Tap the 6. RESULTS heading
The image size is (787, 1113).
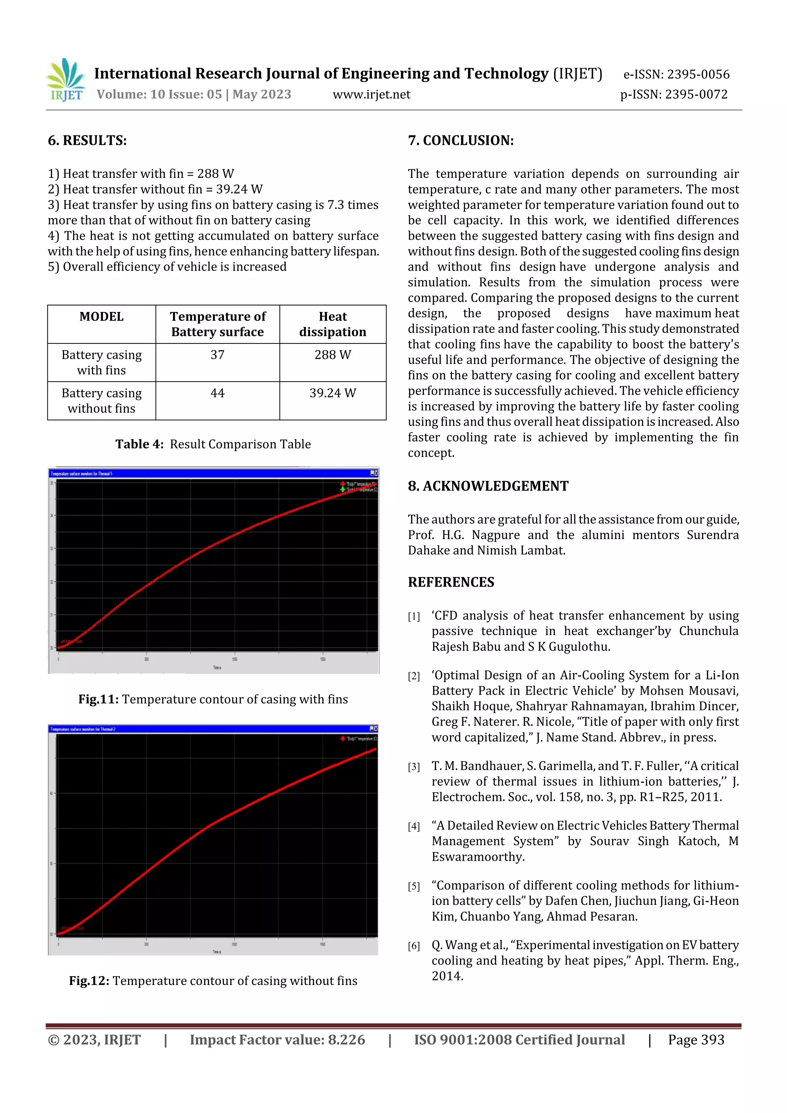(87, 141)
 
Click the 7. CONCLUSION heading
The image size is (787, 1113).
(461, 141)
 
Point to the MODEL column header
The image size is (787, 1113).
(101, 317)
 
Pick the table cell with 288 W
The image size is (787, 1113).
(333, 355)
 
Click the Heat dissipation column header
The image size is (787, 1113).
(333, 324)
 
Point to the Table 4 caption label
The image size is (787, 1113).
(139, 444)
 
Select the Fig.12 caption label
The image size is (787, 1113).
(89, 981)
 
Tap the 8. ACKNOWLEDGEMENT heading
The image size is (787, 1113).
(488, 486)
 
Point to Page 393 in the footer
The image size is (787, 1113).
(696, 1039)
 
